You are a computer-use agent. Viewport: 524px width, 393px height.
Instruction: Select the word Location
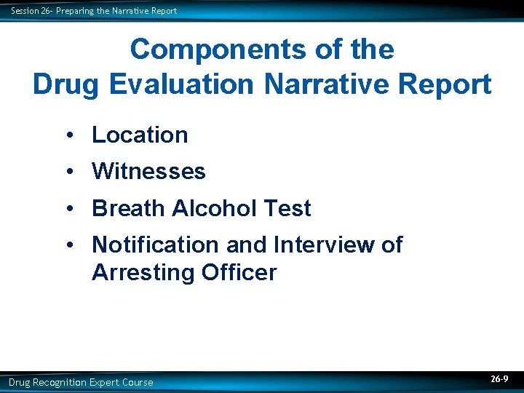[x=140, y=135]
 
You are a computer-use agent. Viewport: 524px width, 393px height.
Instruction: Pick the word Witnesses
[x=148, y=172]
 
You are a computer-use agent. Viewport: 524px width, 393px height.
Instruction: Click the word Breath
[x=128, y=209]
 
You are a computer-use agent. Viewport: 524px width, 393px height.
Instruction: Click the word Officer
[x=239, y=273]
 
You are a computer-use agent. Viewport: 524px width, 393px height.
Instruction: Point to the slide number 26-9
[x=499, y=380]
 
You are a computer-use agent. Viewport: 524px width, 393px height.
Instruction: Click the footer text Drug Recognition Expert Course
[x=81, y=382]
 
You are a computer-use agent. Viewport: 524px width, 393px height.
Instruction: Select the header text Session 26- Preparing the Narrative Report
[x=94, y=11]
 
